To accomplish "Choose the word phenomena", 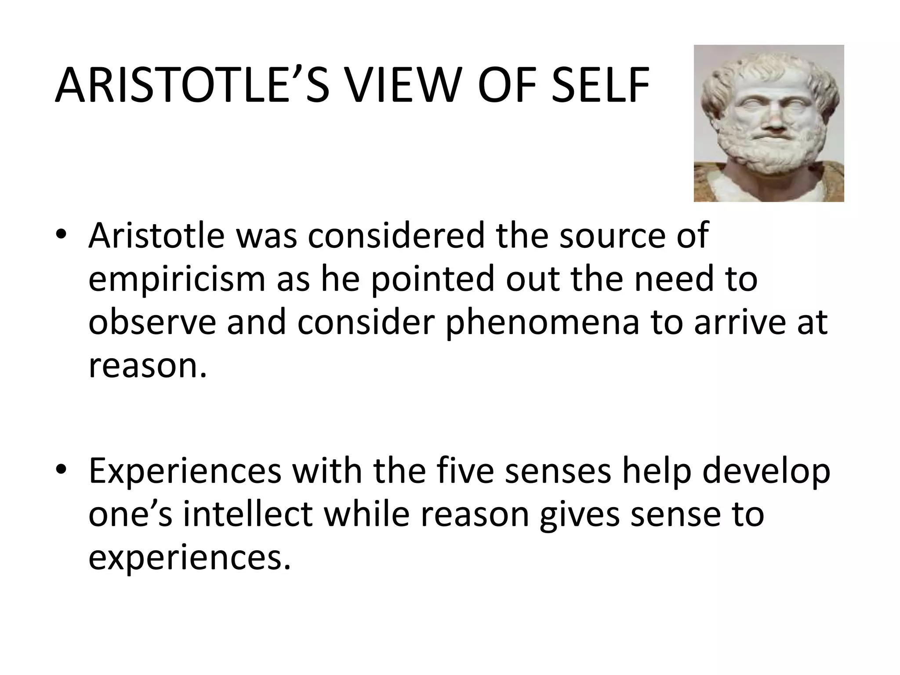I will [x=542, y=323].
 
